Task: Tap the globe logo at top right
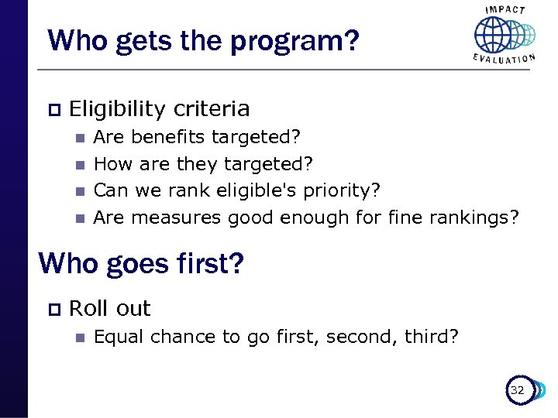click(503, 34)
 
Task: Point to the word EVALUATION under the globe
click(505, 59)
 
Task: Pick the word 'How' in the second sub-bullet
click(111, 163)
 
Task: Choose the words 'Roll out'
click(109, 308)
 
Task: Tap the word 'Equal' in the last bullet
click(119, 337)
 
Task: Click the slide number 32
click(517, 390)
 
